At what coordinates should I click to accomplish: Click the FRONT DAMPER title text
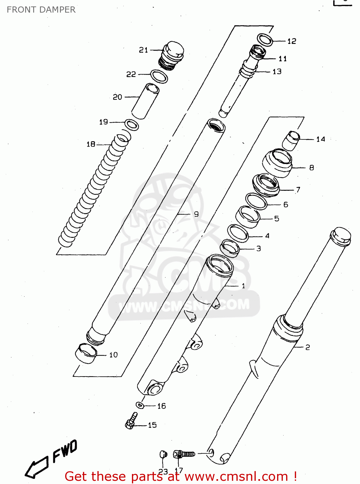(x=41, y=10)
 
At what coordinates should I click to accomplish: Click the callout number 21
(x=144, y=50)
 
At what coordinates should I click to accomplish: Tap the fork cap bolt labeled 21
(x=172, y=55)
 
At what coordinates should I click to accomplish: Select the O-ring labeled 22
(x=159, y=76)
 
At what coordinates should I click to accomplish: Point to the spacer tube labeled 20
(x=145, y=101)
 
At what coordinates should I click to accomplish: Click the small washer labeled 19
(x=132, y=125)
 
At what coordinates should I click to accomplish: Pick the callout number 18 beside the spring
(x=91, y=144)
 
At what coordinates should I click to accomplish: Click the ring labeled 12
(x=265, y=40)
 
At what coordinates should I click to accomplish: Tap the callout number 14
(x=321, y=139)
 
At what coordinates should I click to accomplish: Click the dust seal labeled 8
(x=277, y=163)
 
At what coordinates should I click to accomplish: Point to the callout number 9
(x=196, y=214)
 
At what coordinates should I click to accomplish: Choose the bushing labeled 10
(x=86, y=353)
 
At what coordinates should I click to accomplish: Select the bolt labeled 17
(x=184, y=454)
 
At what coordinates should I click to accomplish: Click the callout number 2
(x=307, y=347)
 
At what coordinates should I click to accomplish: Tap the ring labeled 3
(x=230, y=248)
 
